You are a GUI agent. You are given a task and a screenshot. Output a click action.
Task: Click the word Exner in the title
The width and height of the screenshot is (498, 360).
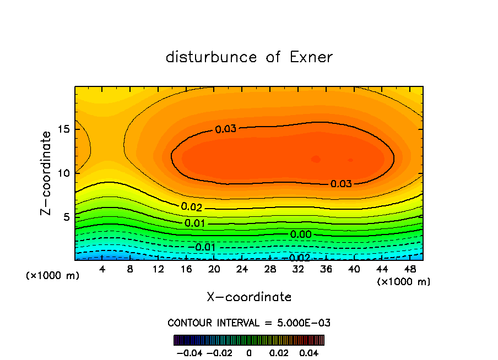click(x=311, y=57)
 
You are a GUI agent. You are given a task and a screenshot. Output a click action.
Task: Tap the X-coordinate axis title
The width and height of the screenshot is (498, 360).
click(x=249, y=297)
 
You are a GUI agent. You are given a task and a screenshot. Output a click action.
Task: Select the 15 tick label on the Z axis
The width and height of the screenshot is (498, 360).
click(x=65, y=130)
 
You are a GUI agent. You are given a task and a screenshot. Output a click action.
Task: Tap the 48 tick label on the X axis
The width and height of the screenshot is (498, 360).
click(x=410, y=269)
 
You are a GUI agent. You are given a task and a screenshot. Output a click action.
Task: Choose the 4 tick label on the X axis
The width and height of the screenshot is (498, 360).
click(x=102, y=269)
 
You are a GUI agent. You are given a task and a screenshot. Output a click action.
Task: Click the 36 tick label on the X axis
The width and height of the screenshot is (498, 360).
click(x=326, y=269)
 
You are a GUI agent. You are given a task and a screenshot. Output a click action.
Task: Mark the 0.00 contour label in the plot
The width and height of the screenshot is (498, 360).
click(x=301, y=234)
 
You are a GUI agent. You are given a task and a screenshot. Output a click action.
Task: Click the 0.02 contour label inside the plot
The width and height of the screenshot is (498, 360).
click(x=192, y=208)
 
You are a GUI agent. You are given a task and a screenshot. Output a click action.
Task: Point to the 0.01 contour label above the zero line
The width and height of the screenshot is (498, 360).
click(x=195, y=223)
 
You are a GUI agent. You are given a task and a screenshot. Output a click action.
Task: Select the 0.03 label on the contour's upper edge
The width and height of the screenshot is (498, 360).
click(x=225, y=129)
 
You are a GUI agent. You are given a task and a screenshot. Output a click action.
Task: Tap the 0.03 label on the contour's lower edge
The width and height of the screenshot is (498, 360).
click(x=341, y=184)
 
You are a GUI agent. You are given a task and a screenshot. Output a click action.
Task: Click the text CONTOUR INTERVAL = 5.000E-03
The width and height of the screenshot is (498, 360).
click(x=249, y=323)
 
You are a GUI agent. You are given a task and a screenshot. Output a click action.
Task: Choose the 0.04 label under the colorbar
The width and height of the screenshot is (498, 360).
click(x=309, y=352)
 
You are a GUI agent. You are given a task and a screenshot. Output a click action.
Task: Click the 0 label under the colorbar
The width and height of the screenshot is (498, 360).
click(x=249, y=352)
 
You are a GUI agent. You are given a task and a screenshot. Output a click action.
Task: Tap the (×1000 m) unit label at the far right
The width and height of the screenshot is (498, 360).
click(x=403, y=282)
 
